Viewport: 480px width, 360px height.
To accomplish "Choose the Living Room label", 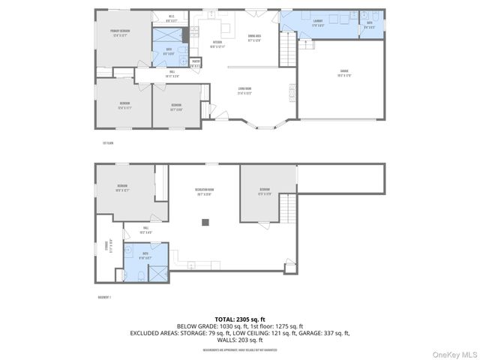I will (x=244, y=91).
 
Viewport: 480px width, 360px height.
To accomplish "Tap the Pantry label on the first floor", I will (x=195, y=63).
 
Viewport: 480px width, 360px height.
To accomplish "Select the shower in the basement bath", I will (x=157, y=274).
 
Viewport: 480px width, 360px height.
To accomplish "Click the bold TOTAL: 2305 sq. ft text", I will (x=240, y=319).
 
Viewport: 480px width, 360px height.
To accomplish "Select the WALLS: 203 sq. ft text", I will (x=240, y=339).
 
